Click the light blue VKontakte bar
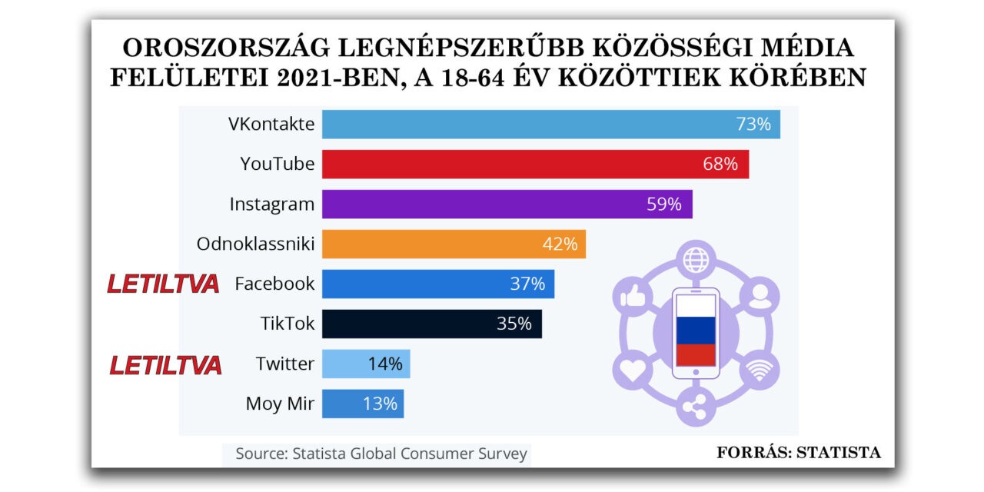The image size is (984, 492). (x=550, y=124)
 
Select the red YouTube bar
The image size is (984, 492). (x=535, y=164)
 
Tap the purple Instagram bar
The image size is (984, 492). (x=507, y=204)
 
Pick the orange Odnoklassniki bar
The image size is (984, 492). (x=454, y=244)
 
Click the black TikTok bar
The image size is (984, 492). (x=431, y=324)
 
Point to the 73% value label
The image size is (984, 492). (x=753, y=124)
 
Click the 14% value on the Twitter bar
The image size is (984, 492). (x=385, y=364)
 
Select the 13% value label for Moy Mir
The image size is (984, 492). (x=380, y=404)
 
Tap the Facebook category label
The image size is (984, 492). (x=274, y=284)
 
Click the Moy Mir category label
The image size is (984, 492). (x=280, y=404)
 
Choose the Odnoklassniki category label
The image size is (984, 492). (x=255, y=244)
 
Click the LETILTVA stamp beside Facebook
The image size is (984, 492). (x=163, y=284)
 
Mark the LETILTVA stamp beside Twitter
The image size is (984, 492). (x=165, y=364)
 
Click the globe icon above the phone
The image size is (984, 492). (x=696, y=258)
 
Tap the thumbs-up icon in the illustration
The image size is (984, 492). (x=631, y=296)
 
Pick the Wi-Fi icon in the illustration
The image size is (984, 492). (x=759, y=370)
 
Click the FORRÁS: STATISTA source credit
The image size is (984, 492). (x=799, y=453)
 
